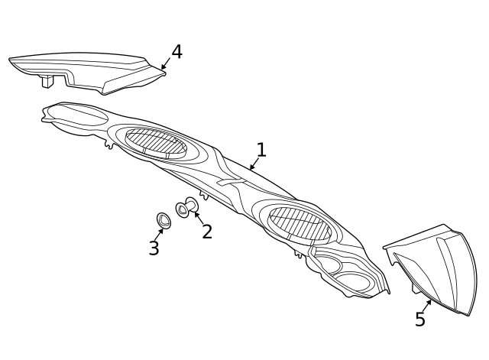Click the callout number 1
261,150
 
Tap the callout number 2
207,232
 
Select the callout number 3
154,248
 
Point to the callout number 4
176,52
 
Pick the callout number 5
420,319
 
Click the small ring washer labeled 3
164,221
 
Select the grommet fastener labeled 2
186,207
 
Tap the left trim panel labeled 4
87,73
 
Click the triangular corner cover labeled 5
436,268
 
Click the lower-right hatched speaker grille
300,222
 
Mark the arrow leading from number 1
254,164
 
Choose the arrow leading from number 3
159,235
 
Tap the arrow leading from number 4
166,63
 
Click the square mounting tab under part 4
47,81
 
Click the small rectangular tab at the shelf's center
230,182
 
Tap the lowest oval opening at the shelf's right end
354,281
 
